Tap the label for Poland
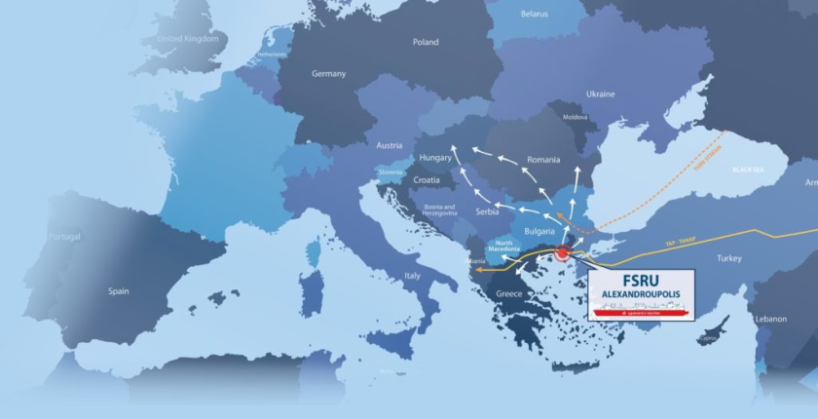coord(426,43)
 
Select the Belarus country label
coord(534,15)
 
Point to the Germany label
coord(328,74)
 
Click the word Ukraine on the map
coord(600,95)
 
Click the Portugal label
coord(64,237)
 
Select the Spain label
coord(119,290)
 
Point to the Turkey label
coord(728,258)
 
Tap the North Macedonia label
coord(504,247)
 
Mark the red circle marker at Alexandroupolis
coord(562,255)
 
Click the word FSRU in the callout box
coord(641,278)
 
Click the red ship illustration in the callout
coord(642,309)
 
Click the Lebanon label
coord(769,319)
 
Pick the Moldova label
coord(575,117)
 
